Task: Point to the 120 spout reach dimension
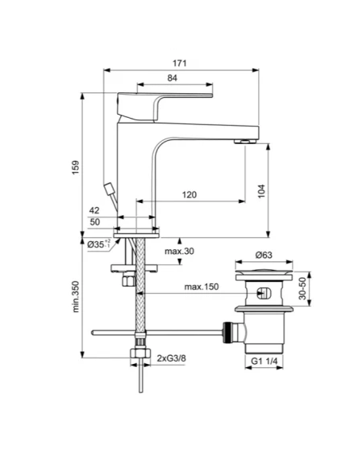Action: [190, 194]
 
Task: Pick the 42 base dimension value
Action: [96, 210]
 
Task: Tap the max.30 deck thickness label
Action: [179, 252]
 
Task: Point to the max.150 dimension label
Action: [201, 287]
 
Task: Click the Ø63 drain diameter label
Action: [264, 255]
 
